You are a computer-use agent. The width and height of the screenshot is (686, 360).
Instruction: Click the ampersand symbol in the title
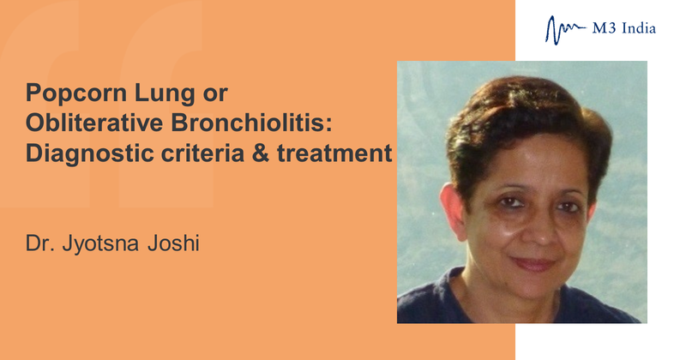pos(261,153)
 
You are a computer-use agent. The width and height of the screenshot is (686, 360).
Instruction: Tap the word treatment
pos(334,153)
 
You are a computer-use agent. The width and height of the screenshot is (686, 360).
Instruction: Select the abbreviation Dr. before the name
pos(39,243)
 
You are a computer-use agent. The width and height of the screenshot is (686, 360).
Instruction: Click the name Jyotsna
pos(100,244)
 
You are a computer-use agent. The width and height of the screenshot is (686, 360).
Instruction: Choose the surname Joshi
pos(173,243)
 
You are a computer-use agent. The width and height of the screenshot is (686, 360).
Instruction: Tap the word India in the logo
pos(639,28)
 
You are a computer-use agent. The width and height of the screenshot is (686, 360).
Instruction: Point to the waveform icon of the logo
pos(566,30)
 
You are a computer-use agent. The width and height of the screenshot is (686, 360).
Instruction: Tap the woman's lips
pos(533,264)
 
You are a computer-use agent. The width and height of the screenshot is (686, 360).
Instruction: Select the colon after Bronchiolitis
pos(329,124)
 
